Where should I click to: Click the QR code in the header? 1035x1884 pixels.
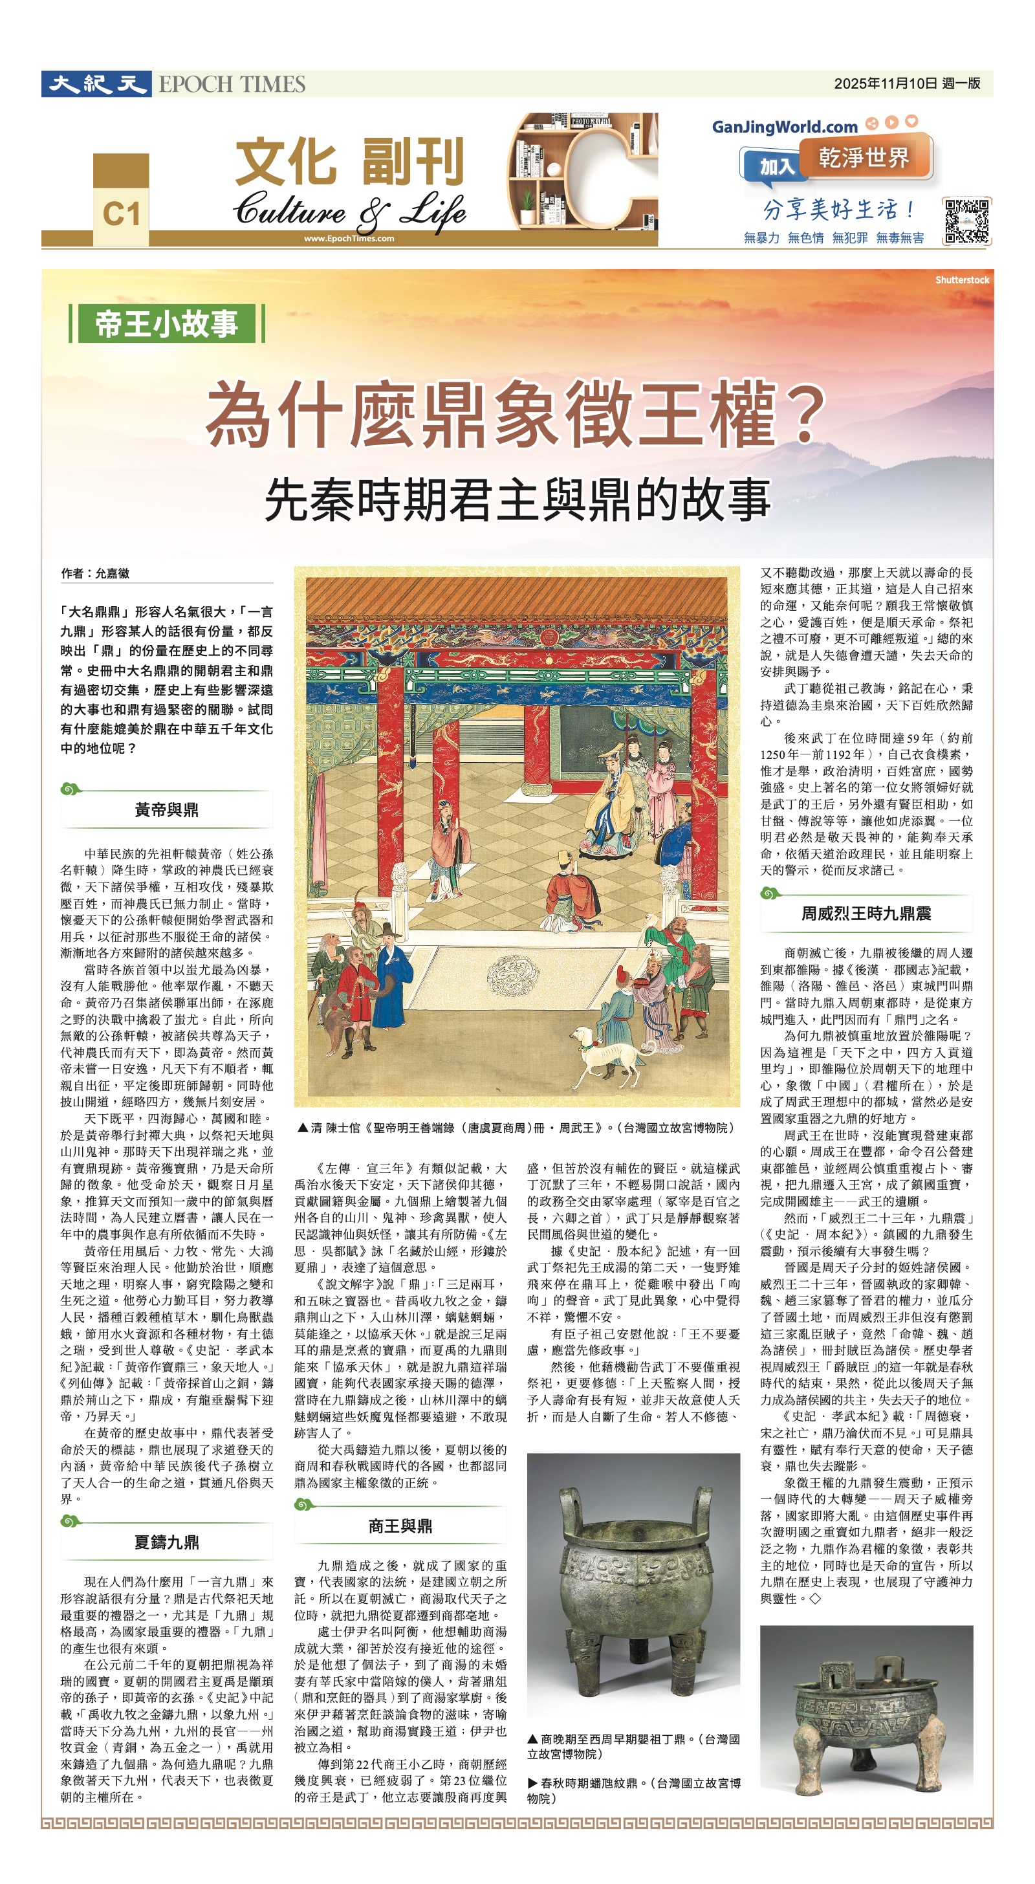pos(966,221)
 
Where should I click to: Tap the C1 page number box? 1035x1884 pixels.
pos(121,214)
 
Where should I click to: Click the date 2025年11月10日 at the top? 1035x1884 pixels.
pos(885,83)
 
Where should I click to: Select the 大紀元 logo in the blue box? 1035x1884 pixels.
pos(96,84)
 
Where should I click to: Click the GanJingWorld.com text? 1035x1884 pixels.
pos(785,127)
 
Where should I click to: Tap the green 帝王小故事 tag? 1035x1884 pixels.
pos(166,323)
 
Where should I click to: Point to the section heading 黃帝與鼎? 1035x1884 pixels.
pos(166,809)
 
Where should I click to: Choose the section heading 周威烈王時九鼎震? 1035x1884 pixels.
pos(866,914)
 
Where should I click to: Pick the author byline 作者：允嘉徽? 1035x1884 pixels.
pos(95,573)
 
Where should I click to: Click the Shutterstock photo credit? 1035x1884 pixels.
pos(962,280)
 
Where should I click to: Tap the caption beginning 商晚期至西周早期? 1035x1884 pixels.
pos(633,1760)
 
